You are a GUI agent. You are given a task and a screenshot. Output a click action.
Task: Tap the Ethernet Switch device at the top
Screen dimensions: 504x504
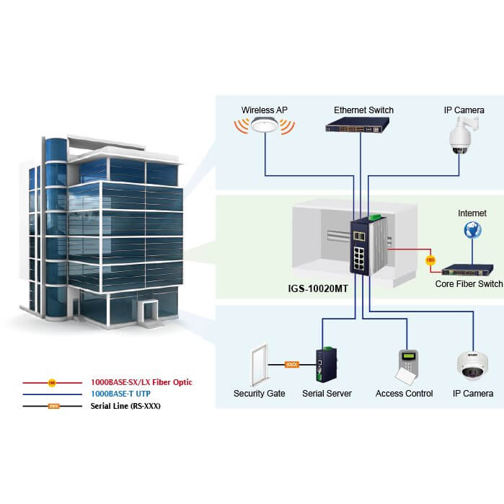[x=363, y=127]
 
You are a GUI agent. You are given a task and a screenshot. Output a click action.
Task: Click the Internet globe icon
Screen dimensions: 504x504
[x=473, y=230]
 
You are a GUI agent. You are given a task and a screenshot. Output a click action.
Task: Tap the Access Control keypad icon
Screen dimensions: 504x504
[x=405, y=367]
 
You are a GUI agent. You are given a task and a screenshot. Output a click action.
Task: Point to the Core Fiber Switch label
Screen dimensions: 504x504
[x=469, y=284]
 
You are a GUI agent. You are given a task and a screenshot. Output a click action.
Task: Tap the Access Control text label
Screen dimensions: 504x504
[x=404, y=394]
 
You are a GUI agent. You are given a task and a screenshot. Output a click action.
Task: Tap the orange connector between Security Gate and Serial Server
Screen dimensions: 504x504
[x=292, y=365]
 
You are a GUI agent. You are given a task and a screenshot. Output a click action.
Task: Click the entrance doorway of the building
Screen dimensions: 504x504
[x=150, y=314]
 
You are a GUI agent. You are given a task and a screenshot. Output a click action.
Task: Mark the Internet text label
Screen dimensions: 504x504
[x=472, y=213]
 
